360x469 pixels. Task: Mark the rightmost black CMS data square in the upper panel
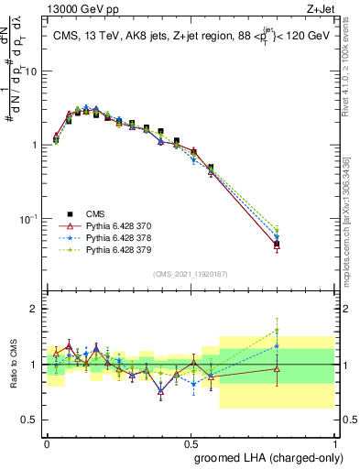coord(277,245)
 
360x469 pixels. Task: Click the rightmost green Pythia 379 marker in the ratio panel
coord(277,331)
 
